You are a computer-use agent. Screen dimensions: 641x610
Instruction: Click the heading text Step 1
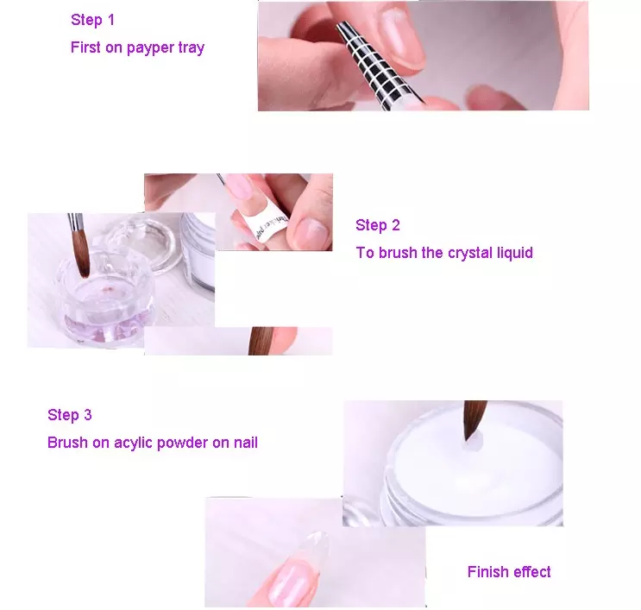point(93,20)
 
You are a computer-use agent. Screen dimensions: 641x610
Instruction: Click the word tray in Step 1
point(191,47)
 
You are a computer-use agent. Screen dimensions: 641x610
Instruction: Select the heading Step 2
point(378,225)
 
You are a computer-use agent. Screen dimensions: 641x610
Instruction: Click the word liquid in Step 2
point(515,253)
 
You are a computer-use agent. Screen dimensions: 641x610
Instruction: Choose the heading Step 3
point(70,414)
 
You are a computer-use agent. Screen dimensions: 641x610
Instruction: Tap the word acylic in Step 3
point(133,443)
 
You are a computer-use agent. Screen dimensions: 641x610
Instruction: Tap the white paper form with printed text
point(266,223)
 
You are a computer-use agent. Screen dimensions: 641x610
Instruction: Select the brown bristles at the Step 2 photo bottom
point(261,341)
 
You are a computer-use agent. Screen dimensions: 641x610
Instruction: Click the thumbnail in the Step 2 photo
point(311,232)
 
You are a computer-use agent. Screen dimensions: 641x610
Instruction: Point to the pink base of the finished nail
point(291,582)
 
